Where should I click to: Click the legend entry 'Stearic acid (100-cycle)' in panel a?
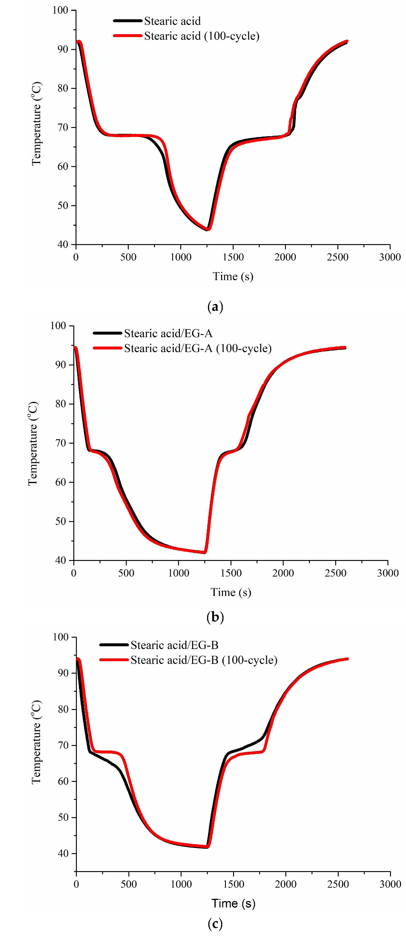point(202,36)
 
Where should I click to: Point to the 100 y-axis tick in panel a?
point(60,10)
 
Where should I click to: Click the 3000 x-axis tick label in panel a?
point(390,257)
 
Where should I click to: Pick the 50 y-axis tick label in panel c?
point(63,817)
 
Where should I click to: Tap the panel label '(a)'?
point(215,307)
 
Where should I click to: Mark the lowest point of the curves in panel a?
point(208,229)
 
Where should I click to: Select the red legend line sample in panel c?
point(114,660)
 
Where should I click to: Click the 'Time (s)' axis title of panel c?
point(233,904)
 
